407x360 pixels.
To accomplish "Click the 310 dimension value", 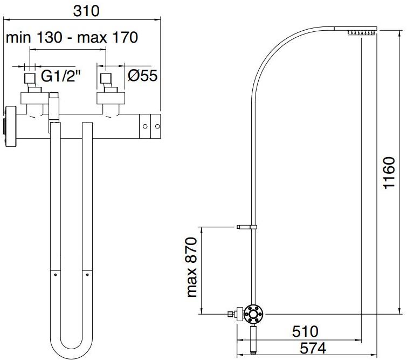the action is [86, 11].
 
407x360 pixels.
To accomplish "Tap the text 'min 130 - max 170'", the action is [72, 37].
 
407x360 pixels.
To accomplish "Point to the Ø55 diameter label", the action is [142, 76].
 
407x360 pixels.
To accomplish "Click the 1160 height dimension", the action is [389, 173].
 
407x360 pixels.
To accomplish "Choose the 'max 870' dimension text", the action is [192, 267].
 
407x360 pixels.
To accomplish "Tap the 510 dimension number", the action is [305, 331].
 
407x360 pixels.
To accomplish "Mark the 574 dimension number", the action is [313, 348].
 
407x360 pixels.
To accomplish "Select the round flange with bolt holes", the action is [253, 314].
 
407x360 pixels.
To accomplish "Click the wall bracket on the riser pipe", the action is [246, 227].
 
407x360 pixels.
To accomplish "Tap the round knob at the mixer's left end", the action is [10, 126].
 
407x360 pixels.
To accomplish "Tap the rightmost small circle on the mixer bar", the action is [157, 126].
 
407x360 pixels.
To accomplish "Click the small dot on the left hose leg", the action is [56, 275].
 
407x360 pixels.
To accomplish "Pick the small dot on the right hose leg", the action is [87, 275].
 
